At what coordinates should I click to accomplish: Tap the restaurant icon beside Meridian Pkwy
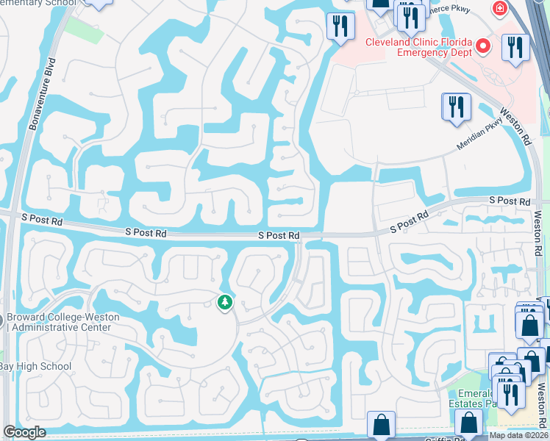pos(456,107)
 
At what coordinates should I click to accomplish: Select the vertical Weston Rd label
pos(537,234)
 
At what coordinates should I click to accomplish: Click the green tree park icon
pos(224,302)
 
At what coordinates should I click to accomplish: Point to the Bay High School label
pos(35,366)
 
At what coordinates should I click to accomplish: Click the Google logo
pos(24,432)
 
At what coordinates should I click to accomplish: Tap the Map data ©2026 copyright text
pos(518,435)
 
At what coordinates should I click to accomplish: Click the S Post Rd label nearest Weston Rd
pos(510,201)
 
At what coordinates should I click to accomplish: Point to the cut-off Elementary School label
pos(37,3)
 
